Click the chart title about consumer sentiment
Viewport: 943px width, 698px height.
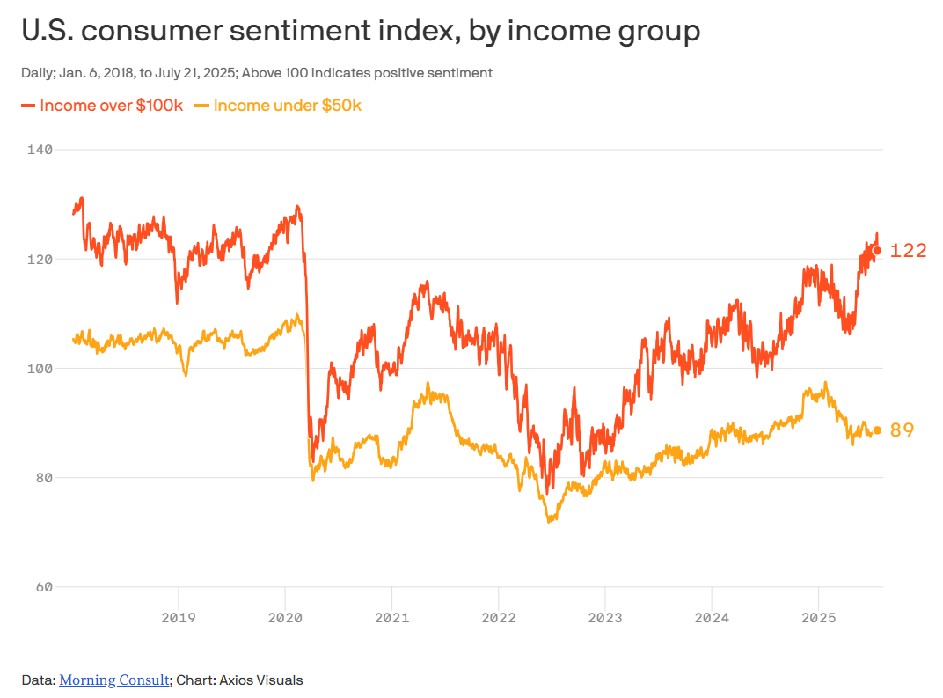[361, 32]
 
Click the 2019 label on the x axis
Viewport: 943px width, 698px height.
[179, 617]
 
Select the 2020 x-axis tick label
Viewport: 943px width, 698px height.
[285, 617]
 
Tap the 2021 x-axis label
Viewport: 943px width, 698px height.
[391, 617]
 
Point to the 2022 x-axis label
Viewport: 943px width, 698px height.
[498, 617]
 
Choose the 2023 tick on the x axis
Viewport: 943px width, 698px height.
[604, 617]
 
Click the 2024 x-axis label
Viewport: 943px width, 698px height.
[712, 617]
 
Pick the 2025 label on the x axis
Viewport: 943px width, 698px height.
[818, 617]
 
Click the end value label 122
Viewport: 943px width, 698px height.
[909, 251]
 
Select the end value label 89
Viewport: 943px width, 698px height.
[903, 430]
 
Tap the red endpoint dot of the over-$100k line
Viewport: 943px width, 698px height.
[877, 251]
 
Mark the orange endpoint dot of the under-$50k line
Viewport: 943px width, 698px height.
[877, 430]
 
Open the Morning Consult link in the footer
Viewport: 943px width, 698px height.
[114, 680]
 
